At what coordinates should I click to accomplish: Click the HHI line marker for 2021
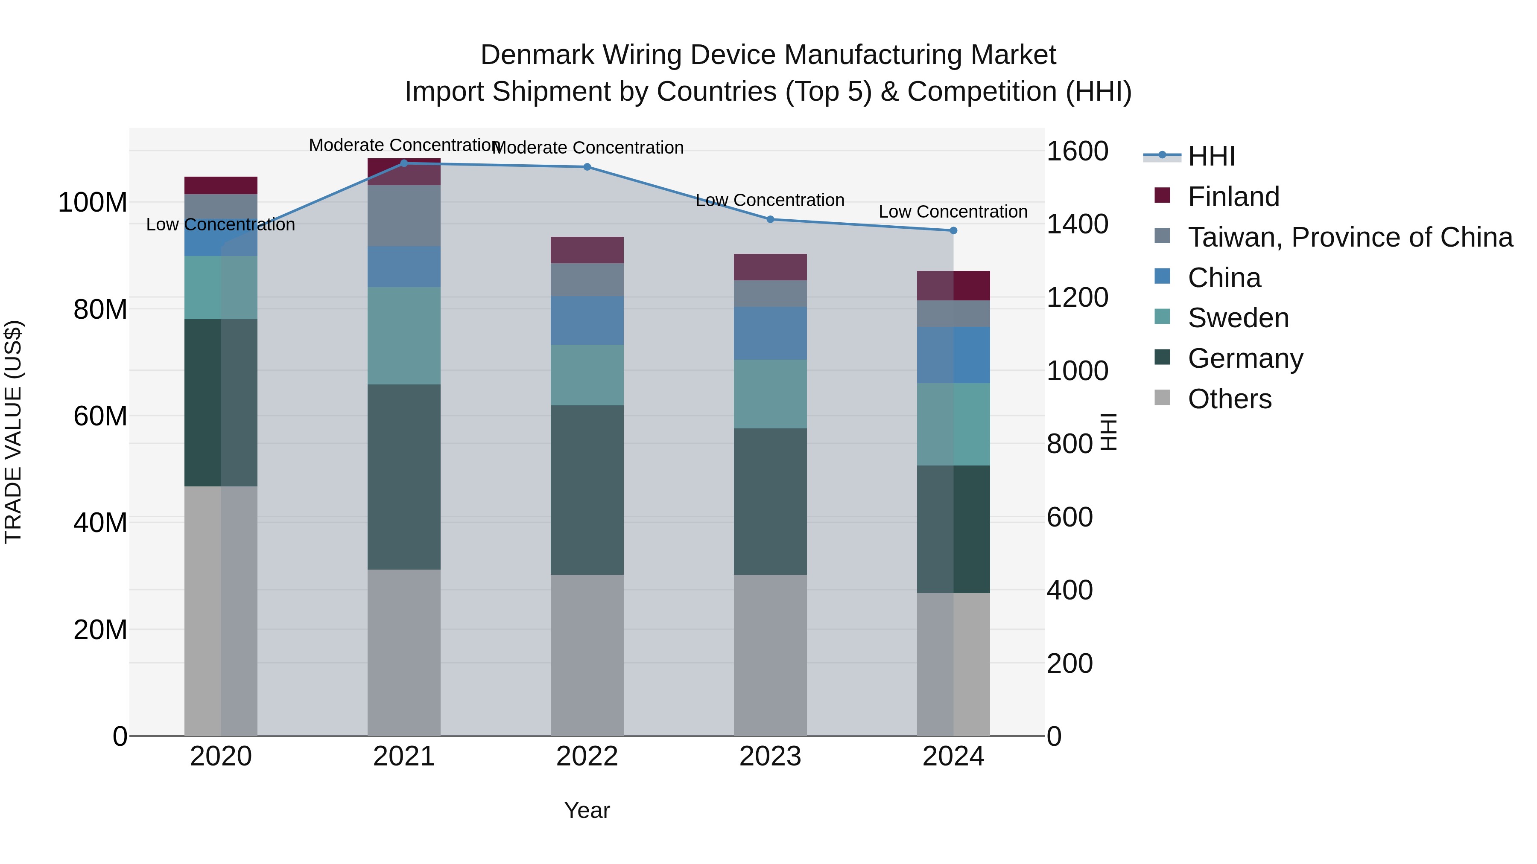404,163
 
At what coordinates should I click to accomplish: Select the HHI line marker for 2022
587,167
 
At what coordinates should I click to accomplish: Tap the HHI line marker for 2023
770,219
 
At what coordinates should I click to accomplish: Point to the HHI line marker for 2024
953,230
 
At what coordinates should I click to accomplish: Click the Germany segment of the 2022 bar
587,490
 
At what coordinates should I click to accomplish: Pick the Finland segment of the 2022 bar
587,250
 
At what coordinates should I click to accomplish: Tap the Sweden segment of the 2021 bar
404,336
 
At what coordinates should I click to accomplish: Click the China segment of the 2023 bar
770,333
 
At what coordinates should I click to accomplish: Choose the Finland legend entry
1233,197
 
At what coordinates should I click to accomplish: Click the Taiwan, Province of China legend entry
1350,237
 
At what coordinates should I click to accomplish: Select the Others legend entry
1229,399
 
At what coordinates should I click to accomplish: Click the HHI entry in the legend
1211,156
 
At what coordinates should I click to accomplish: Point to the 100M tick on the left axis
93,203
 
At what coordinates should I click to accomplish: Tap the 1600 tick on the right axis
1078,151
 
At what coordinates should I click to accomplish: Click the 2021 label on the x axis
404,756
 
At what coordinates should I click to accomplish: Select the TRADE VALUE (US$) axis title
13,432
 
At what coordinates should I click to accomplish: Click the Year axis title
587,810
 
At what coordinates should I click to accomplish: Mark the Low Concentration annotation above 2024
953,212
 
